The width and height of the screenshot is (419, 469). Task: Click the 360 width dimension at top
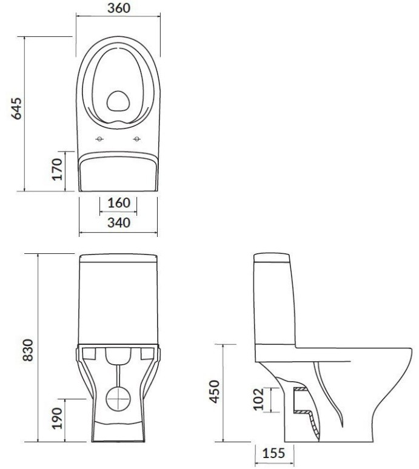119,8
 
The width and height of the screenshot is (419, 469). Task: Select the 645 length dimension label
17,108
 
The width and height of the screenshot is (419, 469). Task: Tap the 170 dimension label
57,169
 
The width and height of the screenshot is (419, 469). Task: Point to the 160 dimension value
119,203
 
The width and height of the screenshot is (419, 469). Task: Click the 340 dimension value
119,222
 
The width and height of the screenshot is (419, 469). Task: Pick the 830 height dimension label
28,350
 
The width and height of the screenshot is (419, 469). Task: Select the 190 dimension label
57,418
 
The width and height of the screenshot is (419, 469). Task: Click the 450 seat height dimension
214,391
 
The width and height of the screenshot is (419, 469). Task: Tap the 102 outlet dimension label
258,399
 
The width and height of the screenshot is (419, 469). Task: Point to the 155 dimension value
273,453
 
